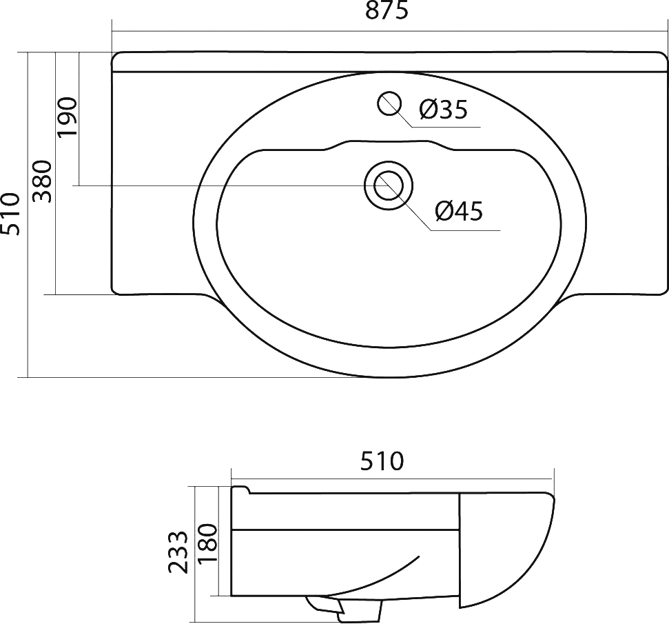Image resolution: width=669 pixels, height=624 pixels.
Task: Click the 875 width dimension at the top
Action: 387,10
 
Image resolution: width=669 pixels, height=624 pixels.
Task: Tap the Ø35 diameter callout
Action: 443,110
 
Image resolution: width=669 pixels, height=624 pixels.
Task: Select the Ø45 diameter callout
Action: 459,211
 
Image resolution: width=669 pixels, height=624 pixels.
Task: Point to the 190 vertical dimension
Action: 68,117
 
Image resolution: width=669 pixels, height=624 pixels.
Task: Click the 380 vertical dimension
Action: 43,181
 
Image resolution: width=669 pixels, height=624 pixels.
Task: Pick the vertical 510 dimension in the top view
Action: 10,214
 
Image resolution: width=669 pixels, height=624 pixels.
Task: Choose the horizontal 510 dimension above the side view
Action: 382,461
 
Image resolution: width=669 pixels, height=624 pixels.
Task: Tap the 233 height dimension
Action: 178,552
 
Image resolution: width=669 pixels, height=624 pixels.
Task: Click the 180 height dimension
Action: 208,544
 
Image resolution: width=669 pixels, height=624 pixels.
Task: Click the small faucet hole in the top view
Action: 389,104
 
